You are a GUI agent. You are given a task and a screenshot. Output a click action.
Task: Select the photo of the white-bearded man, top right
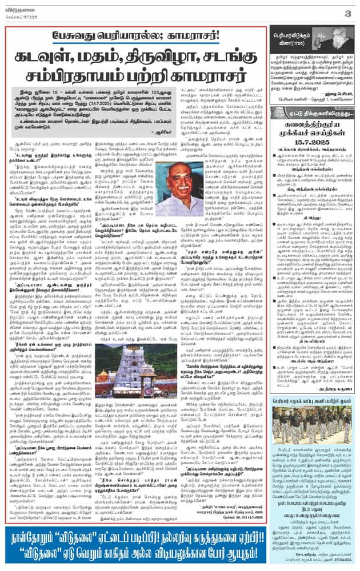338,43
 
